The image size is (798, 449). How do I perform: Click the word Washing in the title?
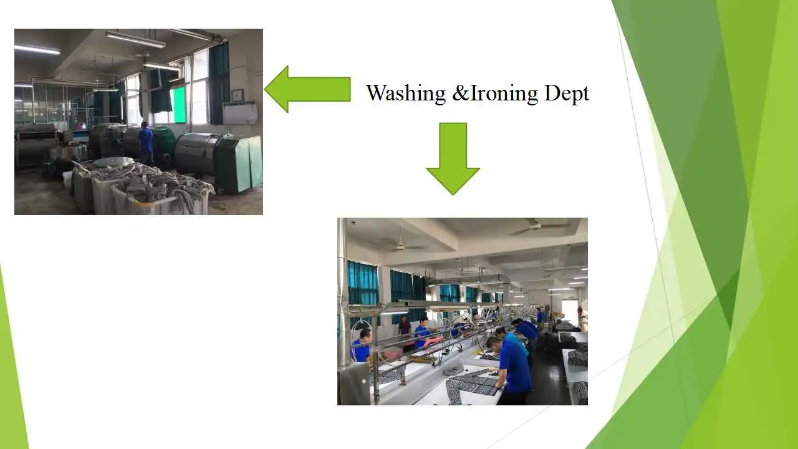[x=406, y=94]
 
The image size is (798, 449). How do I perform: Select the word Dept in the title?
[x=567, y=94]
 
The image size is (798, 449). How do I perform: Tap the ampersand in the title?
[x=461, y=93]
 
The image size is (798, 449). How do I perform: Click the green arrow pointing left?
[x=307, y=89]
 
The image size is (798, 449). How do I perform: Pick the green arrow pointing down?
[x=453, y=158]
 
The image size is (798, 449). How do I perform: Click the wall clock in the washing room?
[x=237, y=95]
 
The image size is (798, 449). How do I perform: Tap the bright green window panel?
[x=179, y=105]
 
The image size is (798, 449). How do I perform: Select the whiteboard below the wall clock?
[x=240, y=113]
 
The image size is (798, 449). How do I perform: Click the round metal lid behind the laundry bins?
[x=113, y=163]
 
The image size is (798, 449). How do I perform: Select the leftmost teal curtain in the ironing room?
[x=362, y=284]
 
